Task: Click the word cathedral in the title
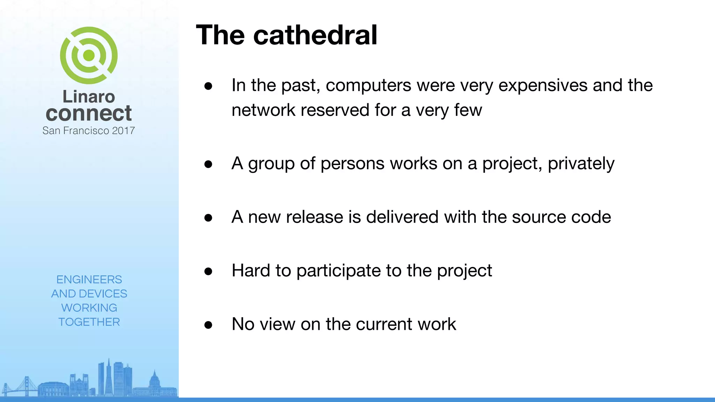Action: click(x=315, y=35)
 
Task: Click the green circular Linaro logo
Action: click(x=89, y=55)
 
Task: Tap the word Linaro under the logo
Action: click(x=89, y=97)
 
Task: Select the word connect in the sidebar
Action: click(x=89, y=113)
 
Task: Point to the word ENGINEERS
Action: click(x=89, y=280)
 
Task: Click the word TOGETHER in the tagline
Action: click(x=89, y=322)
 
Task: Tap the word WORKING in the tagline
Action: click(x=89, y=308)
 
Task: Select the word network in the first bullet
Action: click(x=263, y=110)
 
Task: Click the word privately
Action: click(x=581, y=164)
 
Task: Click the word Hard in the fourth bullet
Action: click(x=251, y=270)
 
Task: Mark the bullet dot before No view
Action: click(x=208, y=325)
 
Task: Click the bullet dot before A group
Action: click(x=208, y=164)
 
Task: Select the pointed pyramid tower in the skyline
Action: click(x=109, y=377)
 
